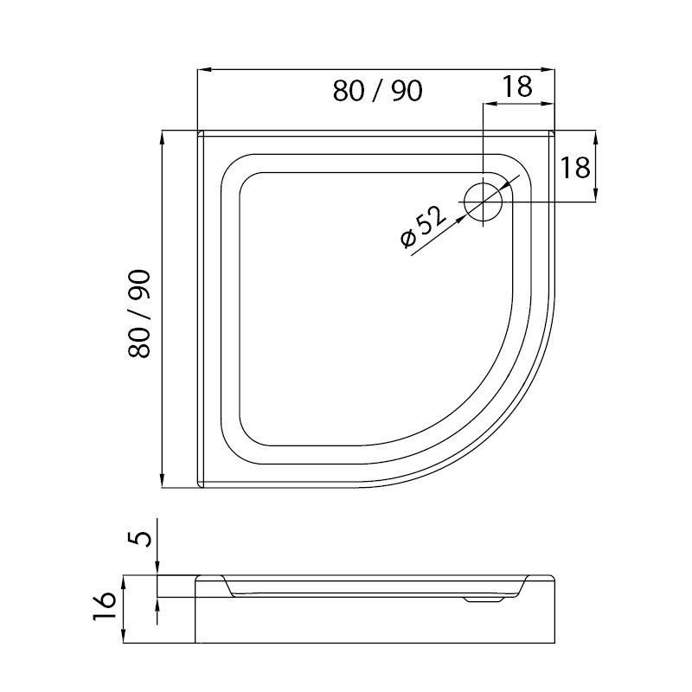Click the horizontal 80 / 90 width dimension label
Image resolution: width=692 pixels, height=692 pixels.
click(x=377, y=92)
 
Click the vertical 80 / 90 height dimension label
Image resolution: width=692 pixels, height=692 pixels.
click(x=139, y=313)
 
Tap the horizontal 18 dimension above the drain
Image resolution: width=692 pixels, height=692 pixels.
click(x=517, y=86)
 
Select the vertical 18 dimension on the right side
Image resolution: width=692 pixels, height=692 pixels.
click(x=575, y=168)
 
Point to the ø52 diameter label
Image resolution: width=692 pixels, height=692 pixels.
click(x=423, y=227)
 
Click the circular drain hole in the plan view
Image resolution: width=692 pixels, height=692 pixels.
click(x=484, y=202)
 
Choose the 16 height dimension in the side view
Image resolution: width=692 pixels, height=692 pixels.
click(x=105, y=606)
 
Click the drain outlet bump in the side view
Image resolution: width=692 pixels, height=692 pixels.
click(x=484, y=599)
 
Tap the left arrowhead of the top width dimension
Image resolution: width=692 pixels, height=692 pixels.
click(x=204, y=69)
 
